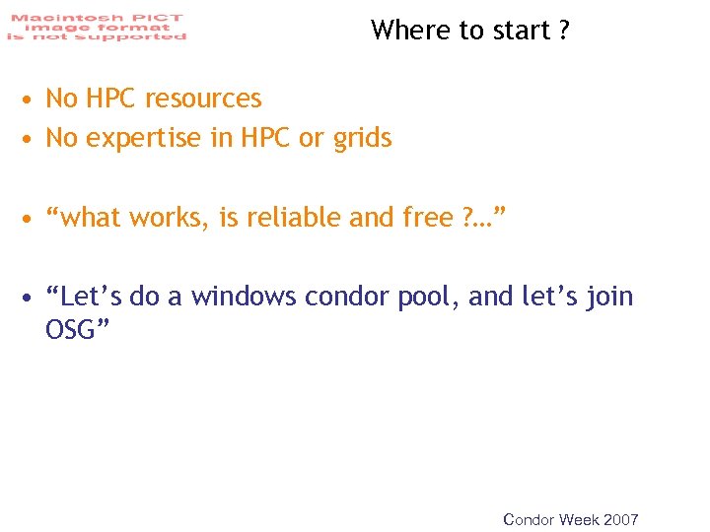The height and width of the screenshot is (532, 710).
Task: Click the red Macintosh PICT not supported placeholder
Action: pyautogui.click(x=96, y=27)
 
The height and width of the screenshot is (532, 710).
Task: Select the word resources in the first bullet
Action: pyautogui.click(x=203, y=99)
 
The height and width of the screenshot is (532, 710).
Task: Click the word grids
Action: pyautogui.click(x=362, y=139)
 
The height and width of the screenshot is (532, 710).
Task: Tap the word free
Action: pyautogui.click(x=427, y=217)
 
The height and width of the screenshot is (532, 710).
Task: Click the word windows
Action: pyautogui.click(x=244, y=297)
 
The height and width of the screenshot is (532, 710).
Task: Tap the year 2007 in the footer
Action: pyautogui.click(x=619, y=519)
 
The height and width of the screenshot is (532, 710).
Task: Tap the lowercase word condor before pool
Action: pyautogui.click(x=347, y=297)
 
